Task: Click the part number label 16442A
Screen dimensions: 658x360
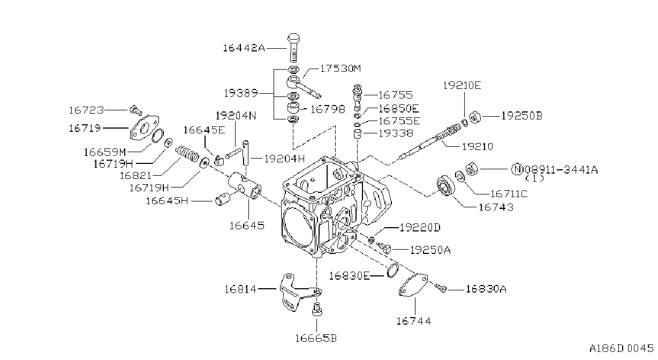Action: click(244, 48)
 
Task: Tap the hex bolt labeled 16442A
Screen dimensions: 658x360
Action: click(293, 48)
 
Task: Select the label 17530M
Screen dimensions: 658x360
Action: click(341, 69)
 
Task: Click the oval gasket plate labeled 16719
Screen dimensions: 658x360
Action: click(144, 128)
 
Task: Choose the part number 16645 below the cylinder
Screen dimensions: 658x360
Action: click(247, 226)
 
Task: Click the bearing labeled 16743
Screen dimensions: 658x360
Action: click(445, 185)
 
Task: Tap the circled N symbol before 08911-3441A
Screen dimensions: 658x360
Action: click(517, 169)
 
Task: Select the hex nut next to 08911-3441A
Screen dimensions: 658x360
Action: click(472, 169)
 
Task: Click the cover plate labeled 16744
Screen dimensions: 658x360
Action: click(413, 285)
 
